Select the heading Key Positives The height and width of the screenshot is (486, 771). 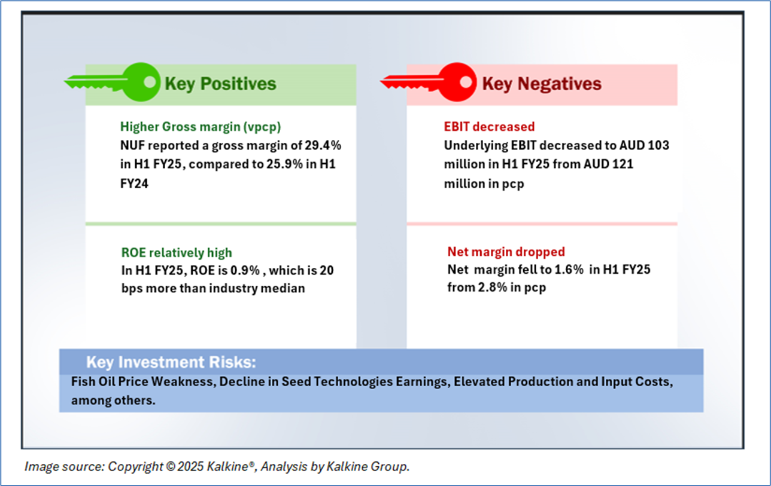pos(220,83)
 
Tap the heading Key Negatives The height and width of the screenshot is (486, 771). pos(542,83)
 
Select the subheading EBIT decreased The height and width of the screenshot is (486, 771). pos(489,126)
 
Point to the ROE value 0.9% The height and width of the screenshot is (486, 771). pos(247,271)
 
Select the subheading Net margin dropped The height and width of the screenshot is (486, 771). pos(506,252)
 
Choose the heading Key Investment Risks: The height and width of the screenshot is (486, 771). pos(171,362)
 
